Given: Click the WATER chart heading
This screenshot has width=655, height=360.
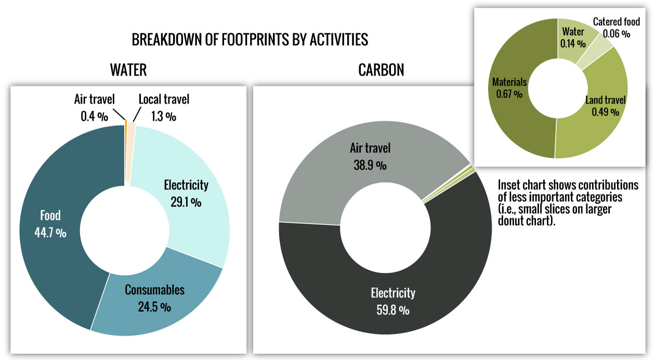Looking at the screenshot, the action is click(x=128, y=70).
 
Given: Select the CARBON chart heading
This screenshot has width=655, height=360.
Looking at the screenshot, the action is click(x=381, y=70).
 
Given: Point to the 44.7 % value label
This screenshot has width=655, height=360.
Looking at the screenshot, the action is click(x=50, y=233).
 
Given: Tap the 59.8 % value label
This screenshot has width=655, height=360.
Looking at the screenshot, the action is click(x=392, y=310).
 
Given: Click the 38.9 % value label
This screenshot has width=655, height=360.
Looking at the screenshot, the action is click(x=370, y=165).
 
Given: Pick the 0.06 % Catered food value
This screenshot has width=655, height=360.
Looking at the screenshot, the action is click(x=617, y=34).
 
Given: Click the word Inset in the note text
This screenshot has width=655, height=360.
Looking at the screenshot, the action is click(x=509, y=185).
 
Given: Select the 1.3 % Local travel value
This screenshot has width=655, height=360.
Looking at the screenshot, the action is click(x=164, y=117).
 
